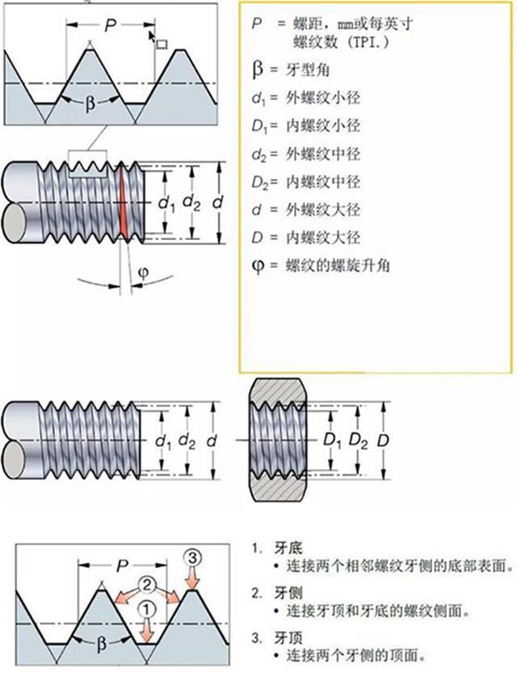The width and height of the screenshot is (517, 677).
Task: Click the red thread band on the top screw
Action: click(124, 201)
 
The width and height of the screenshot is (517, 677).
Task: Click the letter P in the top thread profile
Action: click(110, 26)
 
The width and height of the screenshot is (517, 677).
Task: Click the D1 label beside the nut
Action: click(330, 442)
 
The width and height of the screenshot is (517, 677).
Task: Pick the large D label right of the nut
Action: click(384, 441)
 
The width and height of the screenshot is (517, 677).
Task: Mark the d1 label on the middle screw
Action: click(163, 442)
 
